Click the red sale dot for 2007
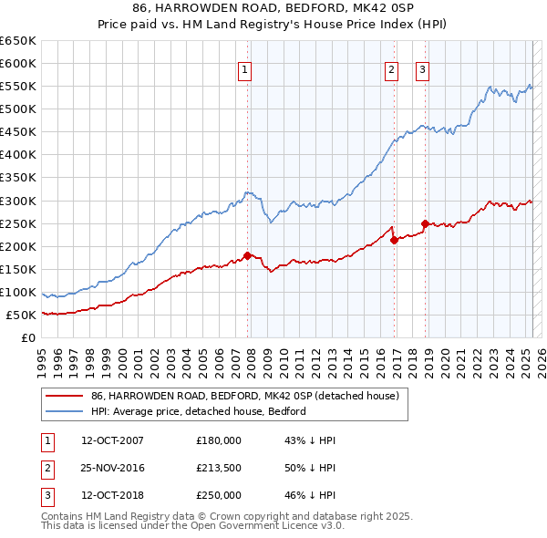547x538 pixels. coord(247,255)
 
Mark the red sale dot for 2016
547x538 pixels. coord(394,240)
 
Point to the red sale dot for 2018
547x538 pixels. coord(425,223)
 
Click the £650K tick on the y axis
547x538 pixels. coord(18,41)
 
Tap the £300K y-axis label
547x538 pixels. coord(18,201)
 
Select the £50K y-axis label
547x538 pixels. coord(21,315)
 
